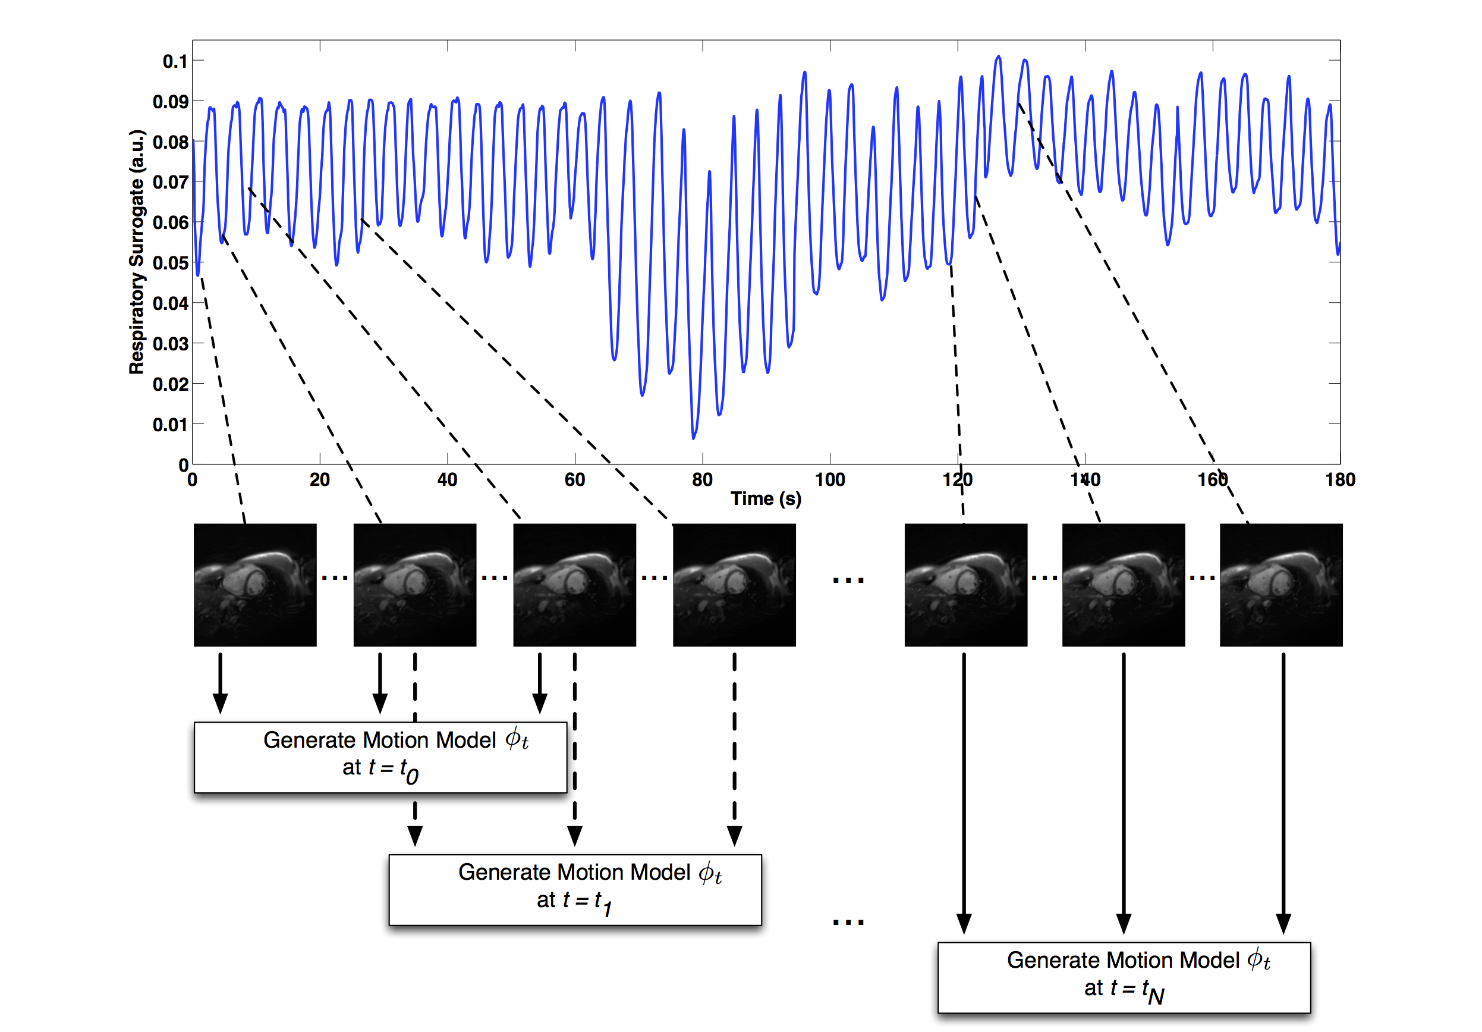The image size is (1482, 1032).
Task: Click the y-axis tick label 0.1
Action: tap(174, 61)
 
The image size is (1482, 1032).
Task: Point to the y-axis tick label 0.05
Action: tap(171, 263)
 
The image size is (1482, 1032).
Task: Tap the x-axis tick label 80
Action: tap(702, 480)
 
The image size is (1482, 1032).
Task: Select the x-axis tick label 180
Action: tap(1340, 480)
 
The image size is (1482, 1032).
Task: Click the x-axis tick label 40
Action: tap(447, 480)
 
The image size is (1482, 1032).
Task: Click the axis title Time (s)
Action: tap(766, 498)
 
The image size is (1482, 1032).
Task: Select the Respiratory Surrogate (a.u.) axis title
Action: tap(136, 252)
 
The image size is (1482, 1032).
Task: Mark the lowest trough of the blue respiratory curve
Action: tap(694, 438)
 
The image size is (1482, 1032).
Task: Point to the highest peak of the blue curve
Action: tap(999, 57)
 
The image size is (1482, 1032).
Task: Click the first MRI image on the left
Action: tap(255, 585)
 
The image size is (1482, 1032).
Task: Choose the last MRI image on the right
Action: tap(1280, 585)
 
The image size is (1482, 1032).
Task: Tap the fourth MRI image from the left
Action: tap(734, 585)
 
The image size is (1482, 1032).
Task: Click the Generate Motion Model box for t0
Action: tap(380, 757)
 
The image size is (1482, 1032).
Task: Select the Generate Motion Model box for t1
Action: tap(575, 889)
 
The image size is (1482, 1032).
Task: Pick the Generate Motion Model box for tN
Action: tap(1124, 977)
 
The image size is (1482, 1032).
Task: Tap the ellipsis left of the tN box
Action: tap(848, 921)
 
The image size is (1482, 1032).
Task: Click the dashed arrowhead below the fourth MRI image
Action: tap(734, 836)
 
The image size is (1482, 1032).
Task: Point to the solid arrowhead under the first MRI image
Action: tap(220, 703)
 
